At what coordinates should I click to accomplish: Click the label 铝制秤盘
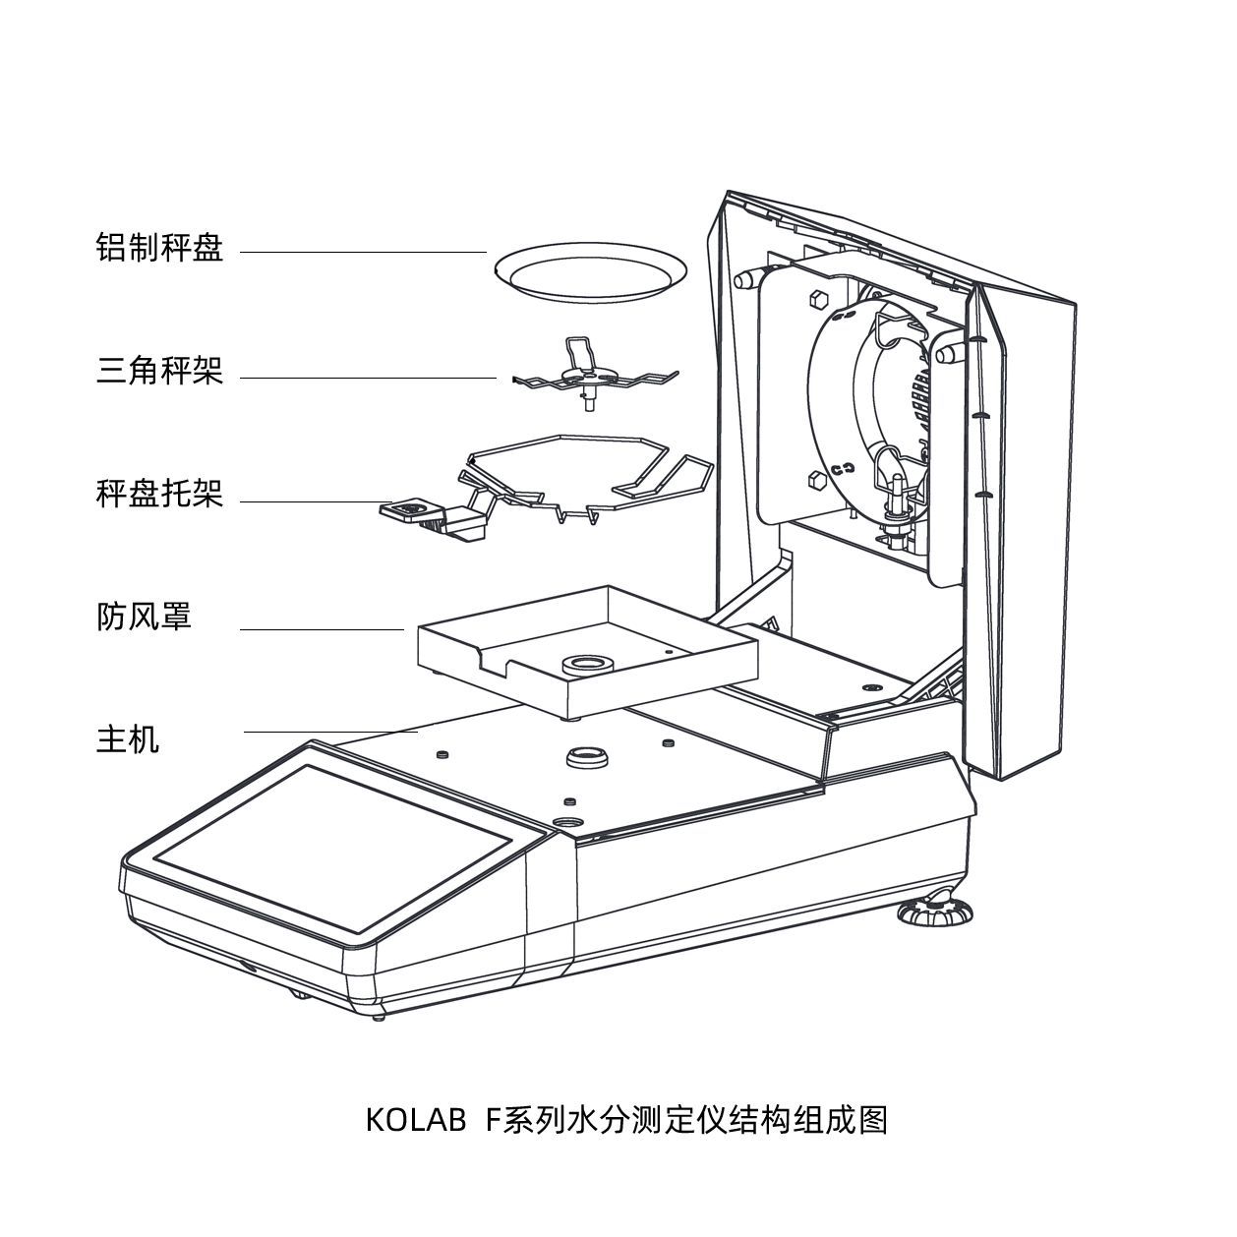159,247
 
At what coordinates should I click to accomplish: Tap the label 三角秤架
159,371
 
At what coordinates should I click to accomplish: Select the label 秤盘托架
159,494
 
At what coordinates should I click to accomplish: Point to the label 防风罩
144,617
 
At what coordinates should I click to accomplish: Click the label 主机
128,738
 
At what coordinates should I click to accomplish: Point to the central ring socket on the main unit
587,757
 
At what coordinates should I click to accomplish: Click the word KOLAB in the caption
416,1120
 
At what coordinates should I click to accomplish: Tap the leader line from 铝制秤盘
364,253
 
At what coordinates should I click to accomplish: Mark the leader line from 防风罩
323,629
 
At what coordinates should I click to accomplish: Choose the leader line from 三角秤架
369,378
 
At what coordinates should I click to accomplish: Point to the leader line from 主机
331,732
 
